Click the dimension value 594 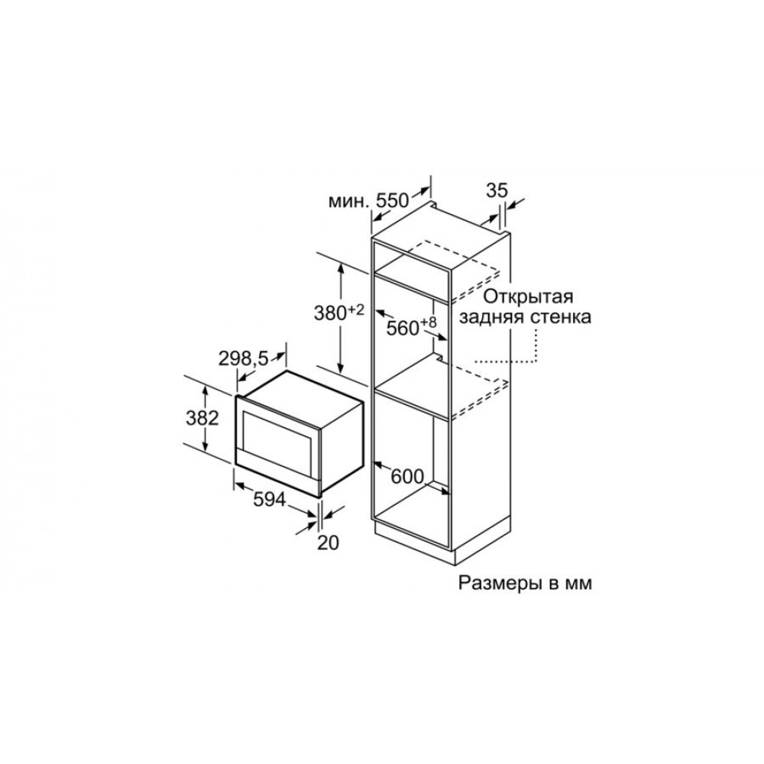269,499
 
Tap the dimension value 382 202,418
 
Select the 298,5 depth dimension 243,359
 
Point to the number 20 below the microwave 328,542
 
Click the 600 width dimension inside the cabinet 408,477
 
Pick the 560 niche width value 403,329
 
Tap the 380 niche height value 330,313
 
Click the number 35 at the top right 497,190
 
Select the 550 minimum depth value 391,200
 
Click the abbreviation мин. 348,201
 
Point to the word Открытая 528,296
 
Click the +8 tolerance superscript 429,322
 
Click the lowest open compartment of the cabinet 412,473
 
